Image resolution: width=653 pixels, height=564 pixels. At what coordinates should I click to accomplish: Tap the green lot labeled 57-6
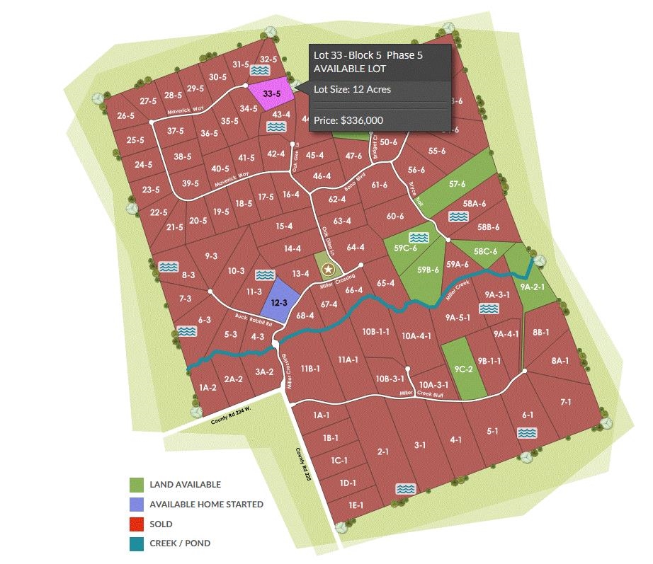point(457,184)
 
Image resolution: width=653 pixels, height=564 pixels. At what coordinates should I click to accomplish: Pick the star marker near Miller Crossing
point(327,269)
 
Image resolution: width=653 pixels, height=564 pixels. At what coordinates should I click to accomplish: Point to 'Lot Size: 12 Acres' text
point(352,89)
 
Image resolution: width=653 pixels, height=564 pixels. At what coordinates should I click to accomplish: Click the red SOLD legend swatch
point(137,524)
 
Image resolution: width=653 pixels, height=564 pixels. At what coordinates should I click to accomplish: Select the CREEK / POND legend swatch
point(137,543)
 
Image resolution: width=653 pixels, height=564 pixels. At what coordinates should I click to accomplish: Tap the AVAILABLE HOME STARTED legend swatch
point(137,505)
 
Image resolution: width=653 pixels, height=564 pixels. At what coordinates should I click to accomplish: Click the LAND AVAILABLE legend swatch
point(137,485)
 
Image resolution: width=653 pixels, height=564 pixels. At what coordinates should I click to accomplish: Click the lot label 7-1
point(565,402)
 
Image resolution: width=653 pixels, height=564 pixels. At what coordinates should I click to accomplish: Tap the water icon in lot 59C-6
point(419,237)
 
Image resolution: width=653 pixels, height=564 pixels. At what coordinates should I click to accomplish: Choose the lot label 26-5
point(126,116)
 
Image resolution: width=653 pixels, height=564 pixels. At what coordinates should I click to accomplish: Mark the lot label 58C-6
point(485,251)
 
